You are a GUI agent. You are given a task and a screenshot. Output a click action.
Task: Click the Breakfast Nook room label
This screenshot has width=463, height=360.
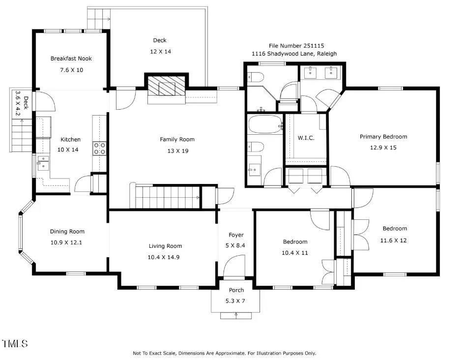point(71,59)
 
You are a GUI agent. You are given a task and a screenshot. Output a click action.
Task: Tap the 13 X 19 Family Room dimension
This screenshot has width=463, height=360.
point(178,151)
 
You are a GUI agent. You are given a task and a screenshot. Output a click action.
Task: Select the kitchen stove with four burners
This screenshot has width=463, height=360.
point(99,149)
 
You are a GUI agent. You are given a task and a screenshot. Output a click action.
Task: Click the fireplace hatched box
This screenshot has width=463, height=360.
point(166,86)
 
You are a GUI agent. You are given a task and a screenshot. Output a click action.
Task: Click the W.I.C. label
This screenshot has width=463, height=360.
point(306,138)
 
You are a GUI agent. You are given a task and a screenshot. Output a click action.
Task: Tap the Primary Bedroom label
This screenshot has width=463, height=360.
point(383,137)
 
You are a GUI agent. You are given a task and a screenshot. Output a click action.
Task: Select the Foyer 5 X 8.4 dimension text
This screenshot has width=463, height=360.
point(235,245)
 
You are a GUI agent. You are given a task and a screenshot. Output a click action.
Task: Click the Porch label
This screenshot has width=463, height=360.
point(236,290)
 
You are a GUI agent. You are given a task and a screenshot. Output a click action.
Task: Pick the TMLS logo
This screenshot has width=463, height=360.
point(15,343)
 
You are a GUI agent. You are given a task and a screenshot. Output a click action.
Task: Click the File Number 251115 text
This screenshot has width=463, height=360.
point(296,46)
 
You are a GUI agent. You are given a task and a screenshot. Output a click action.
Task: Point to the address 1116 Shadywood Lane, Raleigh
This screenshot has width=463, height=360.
point(294,54)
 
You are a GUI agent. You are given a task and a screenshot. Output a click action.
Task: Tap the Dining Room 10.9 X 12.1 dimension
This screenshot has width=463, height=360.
point(66,242)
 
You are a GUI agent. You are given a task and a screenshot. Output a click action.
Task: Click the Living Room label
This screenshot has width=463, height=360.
point(165,246)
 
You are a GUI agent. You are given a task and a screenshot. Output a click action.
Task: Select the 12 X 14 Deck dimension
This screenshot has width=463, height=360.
point(160,52)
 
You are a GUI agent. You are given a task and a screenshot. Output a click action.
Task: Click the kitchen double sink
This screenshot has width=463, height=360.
point(43,163)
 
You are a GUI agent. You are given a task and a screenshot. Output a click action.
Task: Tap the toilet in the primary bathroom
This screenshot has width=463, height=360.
point(255,77)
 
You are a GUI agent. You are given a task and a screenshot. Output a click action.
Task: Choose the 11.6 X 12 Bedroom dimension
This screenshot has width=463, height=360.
point(393,240)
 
